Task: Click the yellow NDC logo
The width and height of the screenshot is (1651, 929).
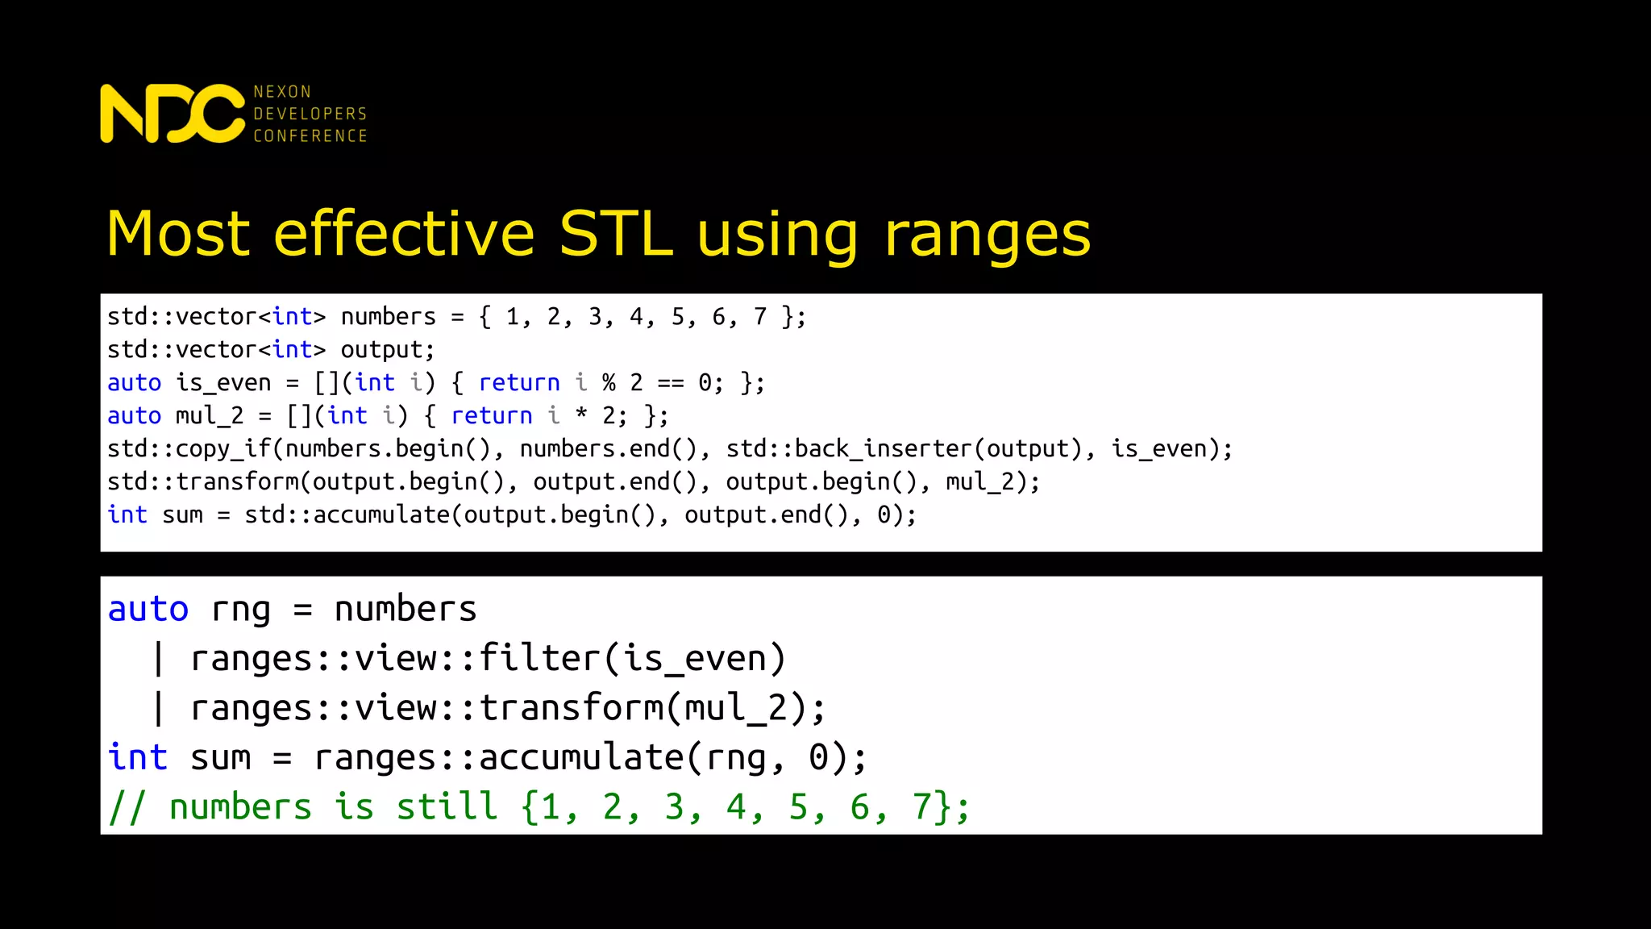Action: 172,114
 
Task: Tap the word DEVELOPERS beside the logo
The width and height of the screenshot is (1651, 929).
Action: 310,114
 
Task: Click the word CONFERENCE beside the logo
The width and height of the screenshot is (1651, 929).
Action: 310,135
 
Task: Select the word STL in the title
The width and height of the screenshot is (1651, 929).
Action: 616,234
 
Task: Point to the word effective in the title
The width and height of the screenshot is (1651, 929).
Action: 405,234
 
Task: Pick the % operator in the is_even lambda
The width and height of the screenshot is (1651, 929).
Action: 609,382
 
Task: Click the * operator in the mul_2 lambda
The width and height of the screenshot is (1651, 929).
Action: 581,415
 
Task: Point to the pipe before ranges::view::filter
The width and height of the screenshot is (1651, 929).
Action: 159,659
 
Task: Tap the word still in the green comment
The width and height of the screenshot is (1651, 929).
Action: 447,806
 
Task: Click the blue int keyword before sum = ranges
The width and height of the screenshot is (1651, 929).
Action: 138,757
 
